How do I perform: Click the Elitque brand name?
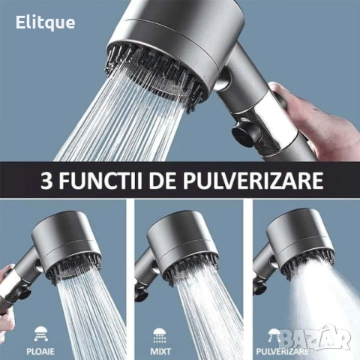pyautogui.click(x=45, y=23)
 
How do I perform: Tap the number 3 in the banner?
pyautogui.click(x=46, y=180)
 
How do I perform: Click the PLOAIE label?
pyautogui.click(x=40, y=352)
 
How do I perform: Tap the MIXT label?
pyautogui.click(x=160, y=352)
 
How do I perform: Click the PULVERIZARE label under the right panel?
pyautogui.click(x=282, y=352)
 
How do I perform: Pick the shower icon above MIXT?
pyautogui.click(x=160, y=335)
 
